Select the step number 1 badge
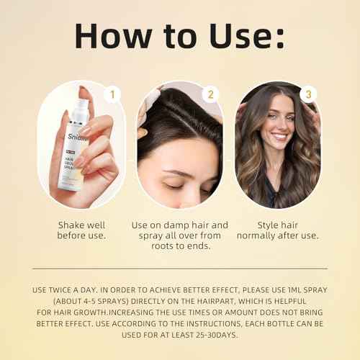(111, 95)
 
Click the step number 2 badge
(210, 95)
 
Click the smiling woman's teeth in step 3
(279, 136)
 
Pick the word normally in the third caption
(260, 235)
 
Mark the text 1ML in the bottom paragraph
(292, 289)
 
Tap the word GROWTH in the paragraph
(86, 314)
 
